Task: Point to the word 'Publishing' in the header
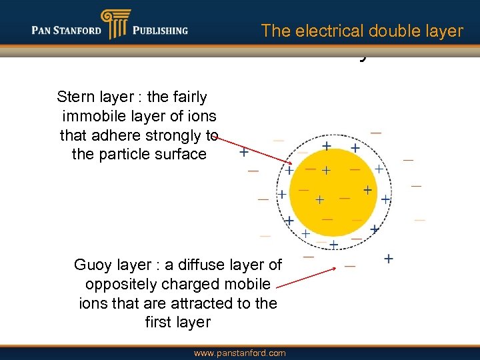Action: tap(160, 31)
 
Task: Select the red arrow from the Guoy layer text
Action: tap(305, 278)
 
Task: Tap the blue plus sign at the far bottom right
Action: tap(388, 258)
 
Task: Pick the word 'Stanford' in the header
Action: tap(79, 31)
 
